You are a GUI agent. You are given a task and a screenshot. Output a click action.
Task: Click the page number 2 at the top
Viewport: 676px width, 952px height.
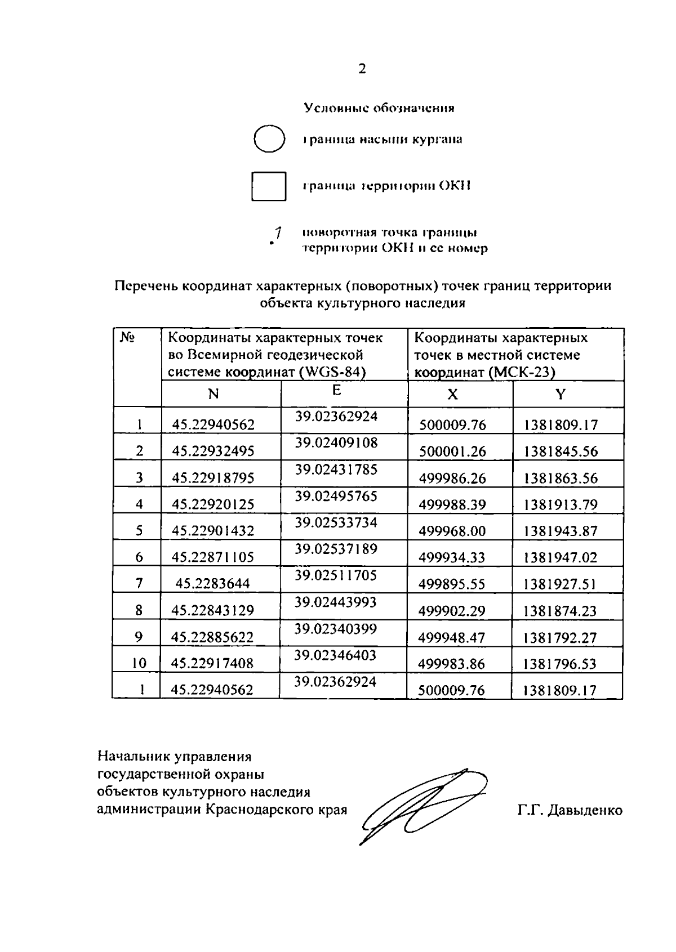tap(362, 69)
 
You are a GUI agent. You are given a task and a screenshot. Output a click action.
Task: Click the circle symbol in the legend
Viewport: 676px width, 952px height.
tap(268, 139)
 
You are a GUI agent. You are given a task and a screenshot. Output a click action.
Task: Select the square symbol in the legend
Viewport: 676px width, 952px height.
tap(269, 186)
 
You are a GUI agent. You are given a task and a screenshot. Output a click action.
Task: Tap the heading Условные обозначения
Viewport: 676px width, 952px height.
tap(379, 108)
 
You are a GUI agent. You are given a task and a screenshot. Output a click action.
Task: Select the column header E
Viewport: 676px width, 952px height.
tap(336, 390)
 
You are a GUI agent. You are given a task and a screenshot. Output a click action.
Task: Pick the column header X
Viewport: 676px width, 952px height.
tap(452, 395)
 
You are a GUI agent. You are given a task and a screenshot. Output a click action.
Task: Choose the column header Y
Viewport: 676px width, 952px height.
tap(560, 395)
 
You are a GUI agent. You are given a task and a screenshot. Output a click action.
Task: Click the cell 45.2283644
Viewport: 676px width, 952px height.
tap(212, 584)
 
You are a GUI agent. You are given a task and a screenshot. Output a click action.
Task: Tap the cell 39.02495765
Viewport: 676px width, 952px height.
tap(336, 496)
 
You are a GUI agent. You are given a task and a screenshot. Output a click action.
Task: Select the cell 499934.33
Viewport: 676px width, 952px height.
tap(452, 557)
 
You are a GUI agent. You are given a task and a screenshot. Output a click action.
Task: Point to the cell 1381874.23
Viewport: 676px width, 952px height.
tap(560, 611)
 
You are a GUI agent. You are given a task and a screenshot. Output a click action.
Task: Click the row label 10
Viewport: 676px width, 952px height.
tap(139, 664)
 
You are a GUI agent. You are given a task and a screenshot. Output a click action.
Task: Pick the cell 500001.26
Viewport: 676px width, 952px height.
tap(452, 452)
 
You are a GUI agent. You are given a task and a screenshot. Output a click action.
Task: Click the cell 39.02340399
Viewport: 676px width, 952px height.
tap(336, 629)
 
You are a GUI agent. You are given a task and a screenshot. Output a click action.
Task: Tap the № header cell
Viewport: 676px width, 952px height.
tap(127, 337)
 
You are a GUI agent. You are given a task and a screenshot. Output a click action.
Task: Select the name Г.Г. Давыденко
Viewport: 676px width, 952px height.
tap(570, 811)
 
